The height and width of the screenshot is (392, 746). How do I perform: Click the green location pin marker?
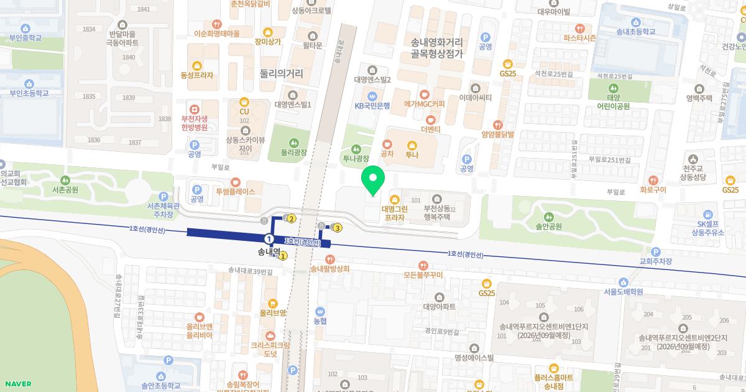(x=373, y=180)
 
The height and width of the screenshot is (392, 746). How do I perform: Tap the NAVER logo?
(x=17, y=383)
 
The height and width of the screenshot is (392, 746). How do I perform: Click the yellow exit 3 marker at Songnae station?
(x=338, y=228)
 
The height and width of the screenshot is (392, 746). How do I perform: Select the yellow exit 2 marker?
(x=291, y=218)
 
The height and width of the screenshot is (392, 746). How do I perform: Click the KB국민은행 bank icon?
(x=372, y=96)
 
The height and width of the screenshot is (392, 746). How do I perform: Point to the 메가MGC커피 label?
(x=424, y=104)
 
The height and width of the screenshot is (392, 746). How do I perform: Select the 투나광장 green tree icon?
(x=356, y=149)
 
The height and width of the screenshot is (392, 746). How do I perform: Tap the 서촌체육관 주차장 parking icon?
(x=163, y=196)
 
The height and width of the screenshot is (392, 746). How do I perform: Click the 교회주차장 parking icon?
(x=656, y=252)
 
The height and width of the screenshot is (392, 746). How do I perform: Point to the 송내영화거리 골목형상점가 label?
(x=437, y=48)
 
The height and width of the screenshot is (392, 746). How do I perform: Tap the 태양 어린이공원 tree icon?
(x=613, y=88)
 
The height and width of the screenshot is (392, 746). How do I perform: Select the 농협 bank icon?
(x=320, y=311)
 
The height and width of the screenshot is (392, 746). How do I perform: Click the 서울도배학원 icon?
(x=623, y=282)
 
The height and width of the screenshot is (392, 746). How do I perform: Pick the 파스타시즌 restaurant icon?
(x=579, y=28)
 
